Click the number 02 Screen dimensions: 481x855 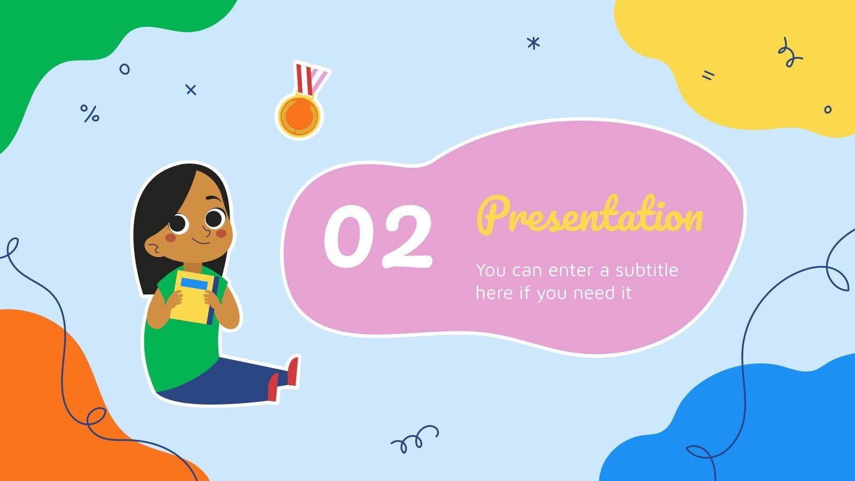(378, 236)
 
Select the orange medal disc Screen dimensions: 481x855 (299, 115)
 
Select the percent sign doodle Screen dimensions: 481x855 (90, 113)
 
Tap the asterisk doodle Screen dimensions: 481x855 (533, 43)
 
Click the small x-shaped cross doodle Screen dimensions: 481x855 (191, 90)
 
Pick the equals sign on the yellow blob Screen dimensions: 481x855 (708, 76)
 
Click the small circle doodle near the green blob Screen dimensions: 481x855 (125, 69)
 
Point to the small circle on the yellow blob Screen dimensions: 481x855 (828, 110)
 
